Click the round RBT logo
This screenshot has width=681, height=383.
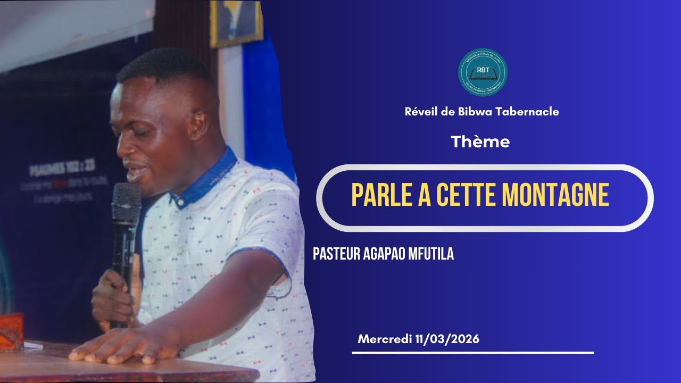pyautogui.click(x=483, y=72)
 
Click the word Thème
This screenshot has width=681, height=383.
pyautogui.click(x=480, y=142)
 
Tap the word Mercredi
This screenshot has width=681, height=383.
pyautogui.click(x=385, y=339)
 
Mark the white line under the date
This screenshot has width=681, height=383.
pyautogui.click(x=472, y=352)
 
